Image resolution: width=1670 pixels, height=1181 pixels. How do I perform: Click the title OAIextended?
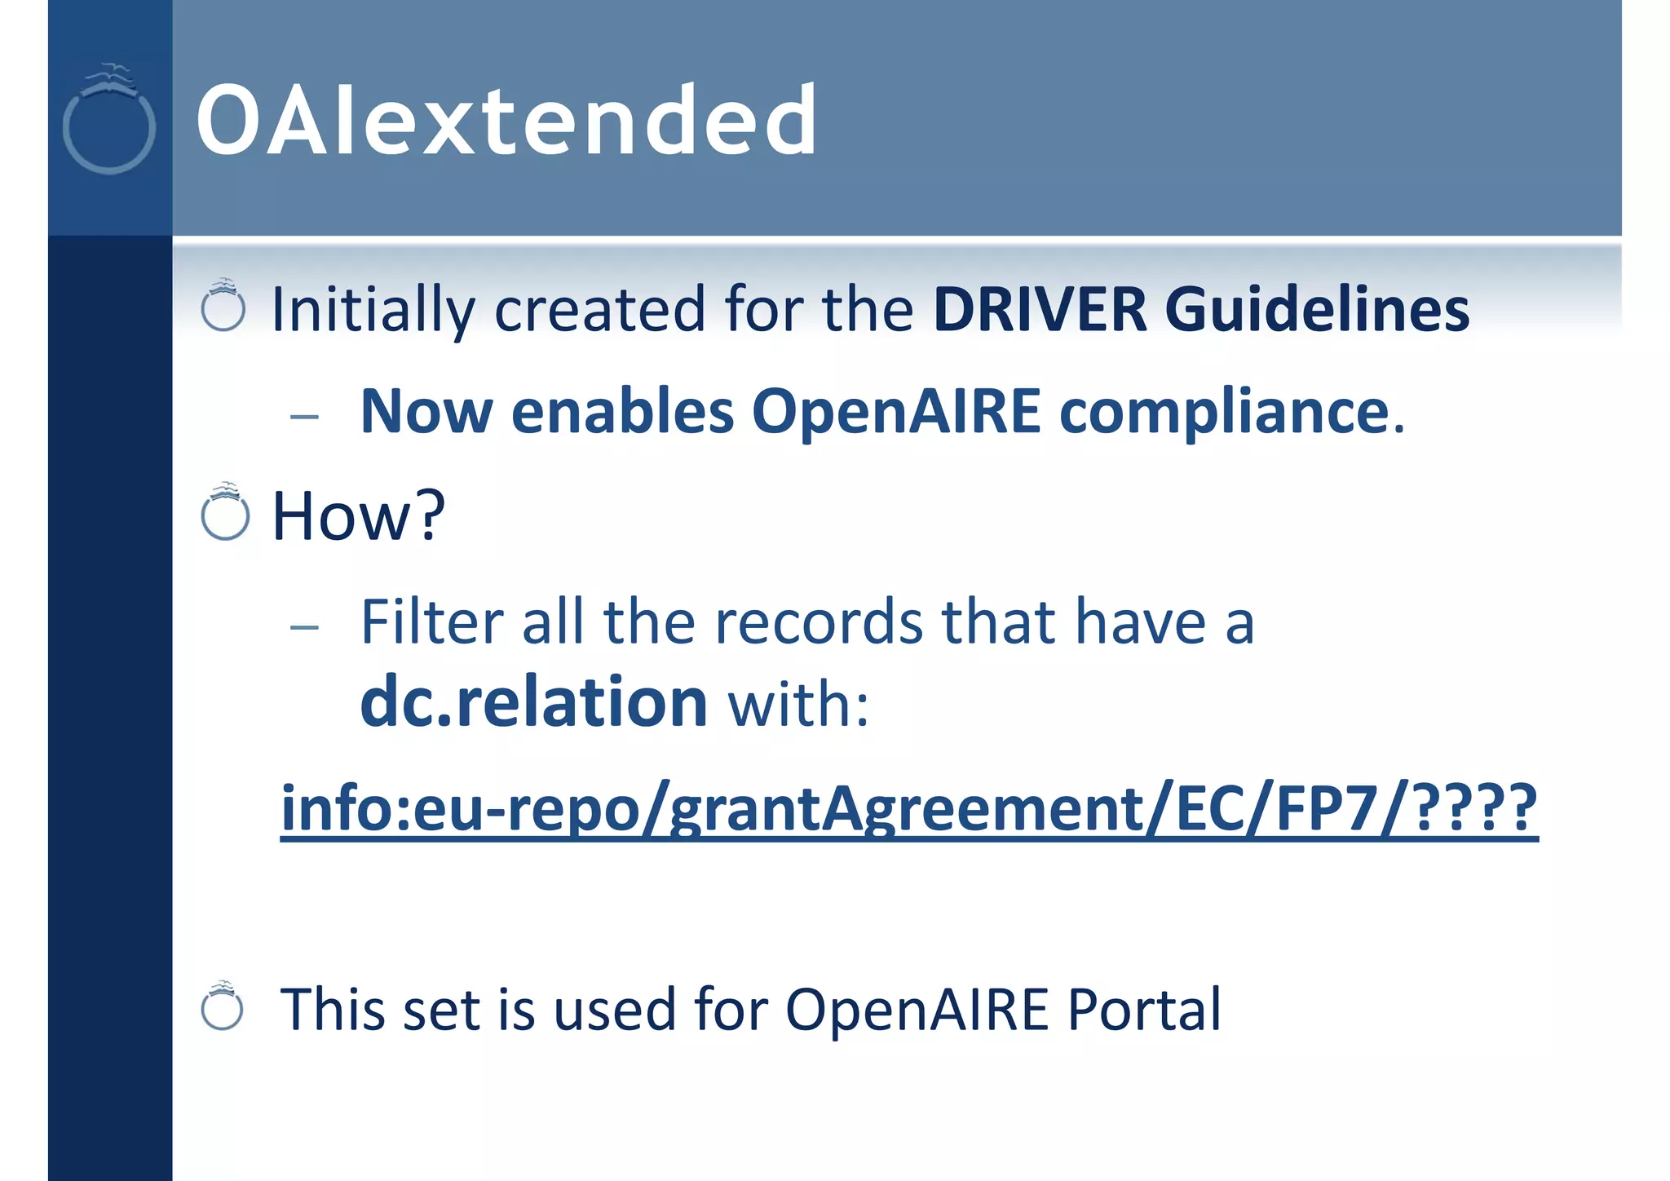(506, 121)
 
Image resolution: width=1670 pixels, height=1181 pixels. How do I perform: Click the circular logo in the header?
(109, 120)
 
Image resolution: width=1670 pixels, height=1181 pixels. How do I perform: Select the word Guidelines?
(1317, 310)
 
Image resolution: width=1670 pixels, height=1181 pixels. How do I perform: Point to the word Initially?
(373, 310)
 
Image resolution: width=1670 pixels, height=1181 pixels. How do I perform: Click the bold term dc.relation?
(533, 702)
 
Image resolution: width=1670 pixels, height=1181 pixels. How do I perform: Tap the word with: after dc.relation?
(798, 704)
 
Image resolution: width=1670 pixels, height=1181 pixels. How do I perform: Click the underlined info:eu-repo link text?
(908, 807)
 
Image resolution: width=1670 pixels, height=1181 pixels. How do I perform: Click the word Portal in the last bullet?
(1144, 1010)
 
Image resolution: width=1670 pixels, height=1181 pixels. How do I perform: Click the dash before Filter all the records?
(304, 627)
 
